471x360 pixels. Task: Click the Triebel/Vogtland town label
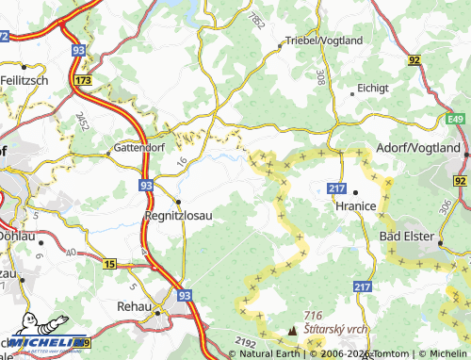pos(324,41)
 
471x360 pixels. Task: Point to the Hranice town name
pos(356,205)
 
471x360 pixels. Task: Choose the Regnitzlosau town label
pos(178,216)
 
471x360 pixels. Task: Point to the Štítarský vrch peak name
pos(335,331)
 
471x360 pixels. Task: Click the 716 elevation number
pos(314,315)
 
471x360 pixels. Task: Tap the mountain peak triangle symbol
pos(292,332)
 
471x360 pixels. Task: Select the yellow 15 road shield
pos(110,265)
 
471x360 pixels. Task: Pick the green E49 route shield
pos(456,119)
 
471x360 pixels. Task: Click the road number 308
pos(320,77)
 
